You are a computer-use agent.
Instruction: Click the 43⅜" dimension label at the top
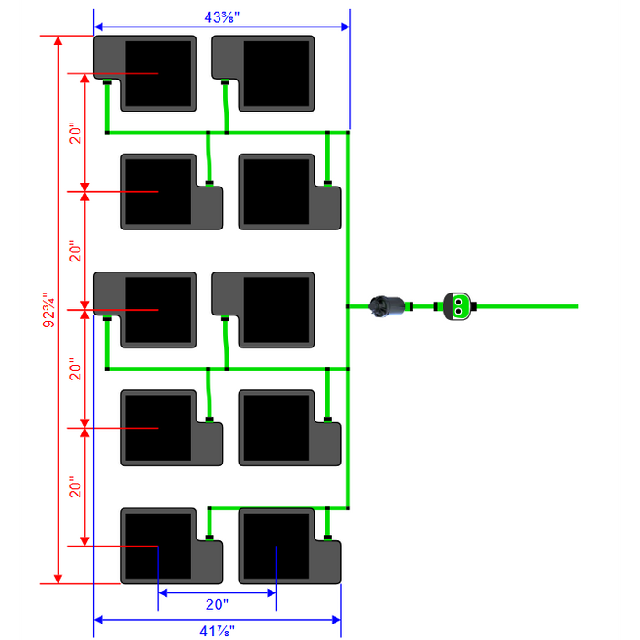221,17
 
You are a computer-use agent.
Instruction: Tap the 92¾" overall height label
48,310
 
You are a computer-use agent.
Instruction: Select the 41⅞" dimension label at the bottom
218,631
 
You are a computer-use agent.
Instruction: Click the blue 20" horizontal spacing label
217,604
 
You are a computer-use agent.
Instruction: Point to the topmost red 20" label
76,133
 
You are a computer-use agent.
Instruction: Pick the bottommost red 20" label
76,487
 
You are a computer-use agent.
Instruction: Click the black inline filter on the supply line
387,306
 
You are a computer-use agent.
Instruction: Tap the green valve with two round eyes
457,306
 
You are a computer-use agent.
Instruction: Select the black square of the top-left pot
158,73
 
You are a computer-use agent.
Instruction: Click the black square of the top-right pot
276,73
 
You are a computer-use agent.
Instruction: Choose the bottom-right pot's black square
276,546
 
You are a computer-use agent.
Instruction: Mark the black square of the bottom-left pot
158,546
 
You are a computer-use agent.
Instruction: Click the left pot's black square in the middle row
158,310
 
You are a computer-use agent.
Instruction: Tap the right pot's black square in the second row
276,191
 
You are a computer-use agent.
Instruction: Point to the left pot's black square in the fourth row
158,428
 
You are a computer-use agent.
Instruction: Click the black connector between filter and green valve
411,306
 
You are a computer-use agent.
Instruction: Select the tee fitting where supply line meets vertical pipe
347,306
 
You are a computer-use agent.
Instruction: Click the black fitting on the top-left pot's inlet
107,82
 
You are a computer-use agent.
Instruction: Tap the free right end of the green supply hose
578,306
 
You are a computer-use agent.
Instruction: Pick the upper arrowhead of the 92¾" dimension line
58,40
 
